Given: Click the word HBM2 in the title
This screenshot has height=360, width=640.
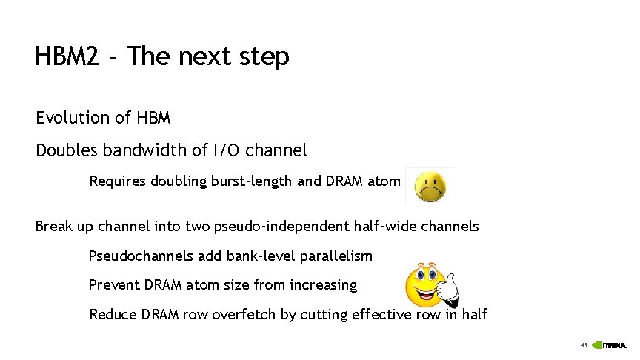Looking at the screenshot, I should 67,56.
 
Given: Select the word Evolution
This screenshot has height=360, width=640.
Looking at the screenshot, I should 72,118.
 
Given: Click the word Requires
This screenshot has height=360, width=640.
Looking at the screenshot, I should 117,181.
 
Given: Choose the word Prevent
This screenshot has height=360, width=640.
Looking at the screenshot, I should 113,285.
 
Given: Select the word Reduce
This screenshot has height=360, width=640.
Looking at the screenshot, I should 112,315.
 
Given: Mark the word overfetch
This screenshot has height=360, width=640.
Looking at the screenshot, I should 245,315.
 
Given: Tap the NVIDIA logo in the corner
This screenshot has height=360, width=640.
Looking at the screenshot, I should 612,346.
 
